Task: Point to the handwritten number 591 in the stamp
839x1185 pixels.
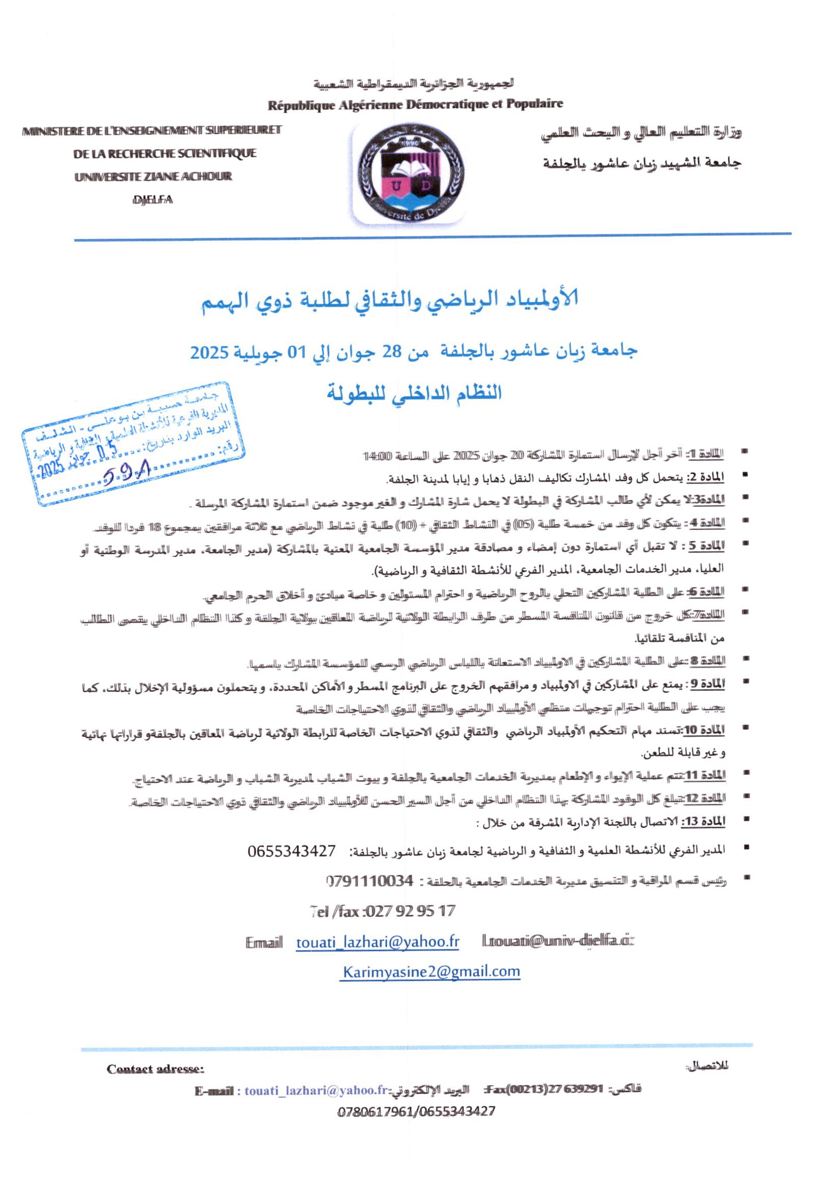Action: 130,472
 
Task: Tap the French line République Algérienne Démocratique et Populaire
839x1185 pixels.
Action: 415,104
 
